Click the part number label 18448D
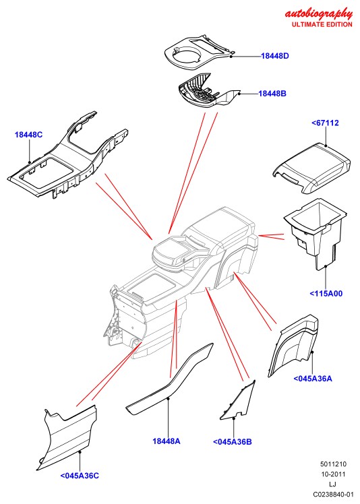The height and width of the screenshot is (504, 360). pos(275,56)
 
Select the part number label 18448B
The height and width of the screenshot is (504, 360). pos(272,94)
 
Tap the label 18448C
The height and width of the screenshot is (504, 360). pos(28,135)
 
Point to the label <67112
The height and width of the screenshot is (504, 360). pos(325,123)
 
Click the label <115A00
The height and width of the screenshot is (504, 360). pos(326,294)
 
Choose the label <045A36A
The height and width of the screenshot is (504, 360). pos(313,379)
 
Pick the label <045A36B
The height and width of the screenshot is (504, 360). pos(233,442)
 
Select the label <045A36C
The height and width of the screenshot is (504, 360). pos(80,476)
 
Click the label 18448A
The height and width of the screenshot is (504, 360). pos(167,441)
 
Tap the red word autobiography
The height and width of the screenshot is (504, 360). pos(318,13)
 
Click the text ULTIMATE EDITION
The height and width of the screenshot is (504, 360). pos(322,24)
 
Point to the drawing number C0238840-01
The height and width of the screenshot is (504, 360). pos(333,494)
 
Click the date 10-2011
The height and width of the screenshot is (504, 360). pos(333,474)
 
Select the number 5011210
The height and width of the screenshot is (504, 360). pos(333,464)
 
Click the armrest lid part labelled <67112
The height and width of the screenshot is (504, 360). pos(311,167)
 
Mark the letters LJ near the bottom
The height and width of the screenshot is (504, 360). pos(333,484)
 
